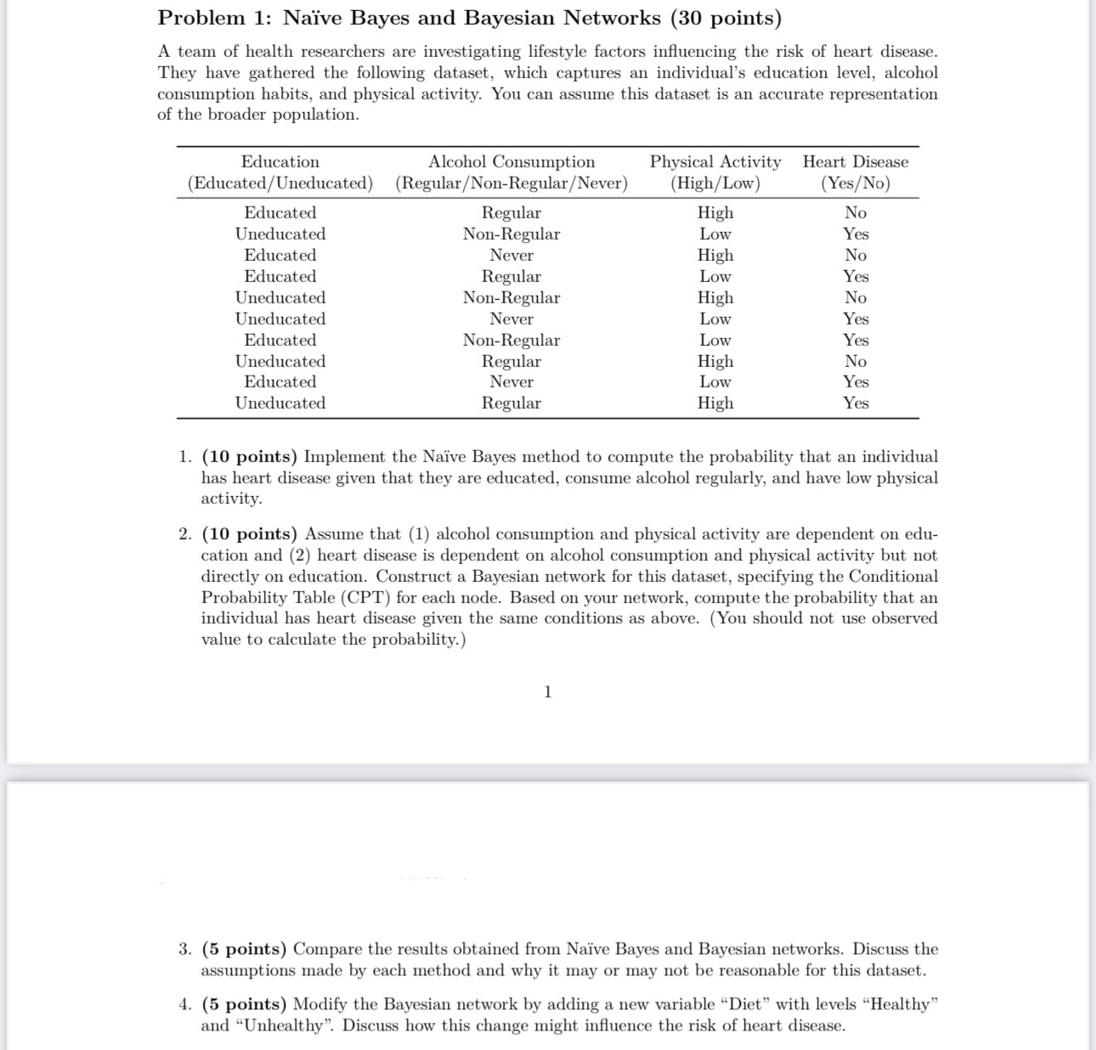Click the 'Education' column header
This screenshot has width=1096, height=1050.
pos(280,161)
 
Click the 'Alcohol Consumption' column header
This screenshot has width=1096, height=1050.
pos(511,161)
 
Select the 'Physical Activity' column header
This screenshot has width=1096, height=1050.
pos(715,161)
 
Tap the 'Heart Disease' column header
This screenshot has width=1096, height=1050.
pos(856,161)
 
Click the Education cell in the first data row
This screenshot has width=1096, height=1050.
pos(280,212)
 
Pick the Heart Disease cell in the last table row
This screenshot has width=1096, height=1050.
pos(856,403)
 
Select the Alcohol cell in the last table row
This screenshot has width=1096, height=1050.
pos(511,403)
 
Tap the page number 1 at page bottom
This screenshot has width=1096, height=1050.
pos(547,692)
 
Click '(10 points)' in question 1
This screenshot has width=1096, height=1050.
pos(250,457)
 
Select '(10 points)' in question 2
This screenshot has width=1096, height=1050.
pos(250,534)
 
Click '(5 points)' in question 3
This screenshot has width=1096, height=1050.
pos(244,949)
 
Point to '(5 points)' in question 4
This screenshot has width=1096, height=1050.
pos(244,1004)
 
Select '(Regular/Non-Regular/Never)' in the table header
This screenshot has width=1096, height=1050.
pos(511,183)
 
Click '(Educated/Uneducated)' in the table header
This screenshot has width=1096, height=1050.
pos(280,183)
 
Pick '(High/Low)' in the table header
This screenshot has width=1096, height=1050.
pos(715,183)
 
